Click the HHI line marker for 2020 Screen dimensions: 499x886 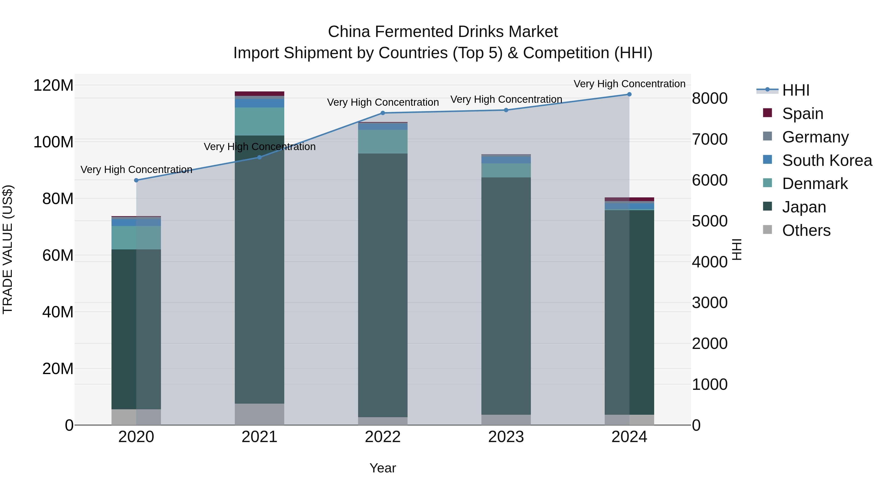[x=136, y=180]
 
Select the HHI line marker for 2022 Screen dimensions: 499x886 [x=383, y=113]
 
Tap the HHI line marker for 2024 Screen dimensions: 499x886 [x=629, y=94]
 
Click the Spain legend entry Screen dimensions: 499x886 [x=802, y=114]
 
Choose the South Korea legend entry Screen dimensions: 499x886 [x=827, y=160]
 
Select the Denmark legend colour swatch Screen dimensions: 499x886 [x=767, y=183]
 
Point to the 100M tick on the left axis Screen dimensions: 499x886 [x=53, y=142]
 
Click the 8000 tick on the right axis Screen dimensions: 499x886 [x=709, y=99]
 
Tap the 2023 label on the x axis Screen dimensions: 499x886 [x=506, y=437]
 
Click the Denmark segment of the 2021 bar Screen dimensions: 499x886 [x=259, y=121]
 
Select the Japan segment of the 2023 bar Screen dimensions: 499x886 [x=506, y=296]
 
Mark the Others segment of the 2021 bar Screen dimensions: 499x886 [x=259, y=414]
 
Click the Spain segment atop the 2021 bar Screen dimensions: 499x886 [x=259, y=93]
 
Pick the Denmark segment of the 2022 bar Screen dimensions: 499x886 [x=383, y=141]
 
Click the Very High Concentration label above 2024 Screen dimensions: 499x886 [x=629, y=84]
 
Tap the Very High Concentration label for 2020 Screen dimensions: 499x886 [x=136, y=170]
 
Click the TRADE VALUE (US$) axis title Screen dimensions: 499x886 [x=8, y=249]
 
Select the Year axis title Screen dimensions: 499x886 [x=382, y=468]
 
